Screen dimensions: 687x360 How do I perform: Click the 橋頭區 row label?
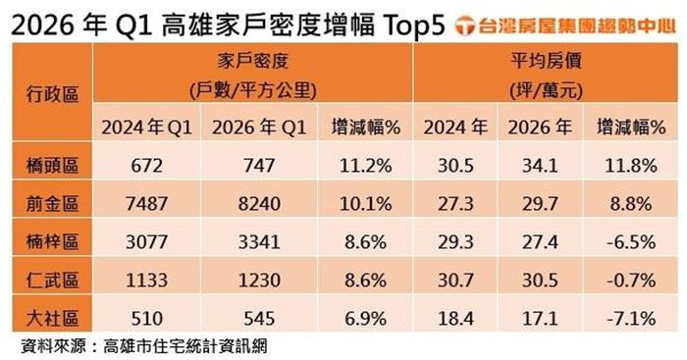tap(52, 166)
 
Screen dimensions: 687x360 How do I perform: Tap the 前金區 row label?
tap(52, 204)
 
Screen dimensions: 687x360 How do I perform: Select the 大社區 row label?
tap(52, 319)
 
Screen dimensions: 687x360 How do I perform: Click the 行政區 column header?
tap(52, 94)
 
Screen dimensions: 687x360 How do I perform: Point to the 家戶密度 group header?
tap(253, 61)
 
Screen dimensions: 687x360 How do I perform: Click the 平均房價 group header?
tap(546, 61)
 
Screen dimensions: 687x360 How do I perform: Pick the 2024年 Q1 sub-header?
tap(147, 128)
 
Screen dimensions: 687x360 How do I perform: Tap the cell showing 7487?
tap(147, 204)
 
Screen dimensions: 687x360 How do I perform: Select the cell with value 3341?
tap(259, 242)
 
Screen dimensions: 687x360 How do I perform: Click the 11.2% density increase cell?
tap(365, 166)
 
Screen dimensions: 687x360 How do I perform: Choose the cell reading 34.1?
tap(540, 166)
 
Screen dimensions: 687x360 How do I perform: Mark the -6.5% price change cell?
tap(631, 242)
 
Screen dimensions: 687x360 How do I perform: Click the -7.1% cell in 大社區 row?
tap(631, 319)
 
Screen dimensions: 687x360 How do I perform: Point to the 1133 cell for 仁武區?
tap(147, 281)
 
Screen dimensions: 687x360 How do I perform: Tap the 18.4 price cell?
tap(455, 319)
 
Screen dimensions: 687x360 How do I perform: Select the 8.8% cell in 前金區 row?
tap(631, 204)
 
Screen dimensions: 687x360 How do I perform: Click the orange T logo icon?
tap(465, 26)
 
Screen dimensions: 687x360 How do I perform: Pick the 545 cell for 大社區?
tap(259, 319)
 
